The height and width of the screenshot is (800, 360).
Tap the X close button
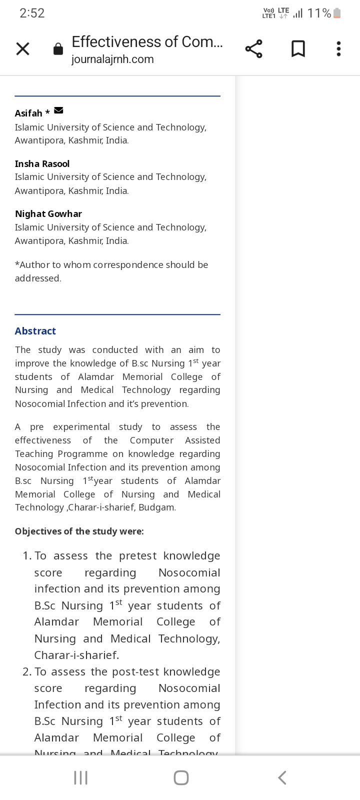pos(23,49)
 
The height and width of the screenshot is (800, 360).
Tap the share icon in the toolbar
pos(253,49)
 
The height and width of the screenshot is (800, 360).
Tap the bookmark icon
pos(298,49)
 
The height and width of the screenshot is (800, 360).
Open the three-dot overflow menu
pos(338,49)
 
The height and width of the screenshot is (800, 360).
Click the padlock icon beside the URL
pos(58,49)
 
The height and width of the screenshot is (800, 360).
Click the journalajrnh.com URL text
pos(112,59)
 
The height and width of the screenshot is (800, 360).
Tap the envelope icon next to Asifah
pos(58,110)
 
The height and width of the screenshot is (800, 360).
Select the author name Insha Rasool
pos(42,164)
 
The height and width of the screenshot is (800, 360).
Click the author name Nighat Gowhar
pos(48,214)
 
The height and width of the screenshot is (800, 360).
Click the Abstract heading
pos(35,331)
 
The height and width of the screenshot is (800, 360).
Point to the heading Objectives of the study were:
pos(79,531)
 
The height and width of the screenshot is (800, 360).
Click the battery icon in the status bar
pos(337,13)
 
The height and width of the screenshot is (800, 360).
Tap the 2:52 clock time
pos(32,13)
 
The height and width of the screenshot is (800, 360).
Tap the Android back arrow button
pos(282,777)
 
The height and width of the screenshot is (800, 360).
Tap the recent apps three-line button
pos(80,777)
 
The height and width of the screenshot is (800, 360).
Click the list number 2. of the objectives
pos(27,672)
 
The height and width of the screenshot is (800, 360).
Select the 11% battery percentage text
pos(319,13)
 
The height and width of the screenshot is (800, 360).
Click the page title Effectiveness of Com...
pos(147,42)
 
